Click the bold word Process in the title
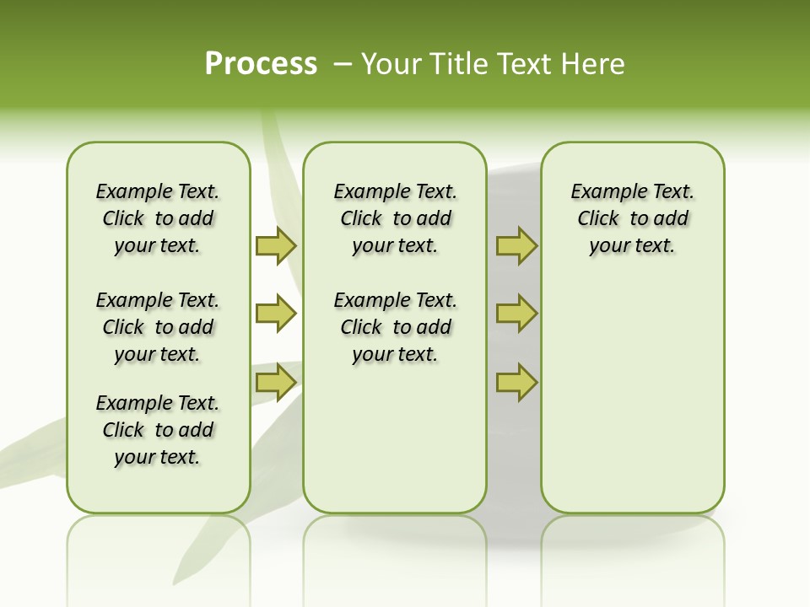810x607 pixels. [261, 64]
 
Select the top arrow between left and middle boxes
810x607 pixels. [276, 246]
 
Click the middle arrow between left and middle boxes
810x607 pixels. [276, 314]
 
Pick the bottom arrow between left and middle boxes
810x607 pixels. [276, 383]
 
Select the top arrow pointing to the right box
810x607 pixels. [516, 246]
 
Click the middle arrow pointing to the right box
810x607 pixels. [516, 314]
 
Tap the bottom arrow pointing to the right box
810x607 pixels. [516, 383]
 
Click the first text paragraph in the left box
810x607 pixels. [158, 218]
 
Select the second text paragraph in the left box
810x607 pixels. [158, 327]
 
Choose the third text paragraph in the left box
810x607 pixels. [158, 430]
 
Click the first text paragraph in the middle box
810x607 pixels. [395, 218]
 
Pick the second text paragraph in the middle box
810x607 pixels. [395, 327]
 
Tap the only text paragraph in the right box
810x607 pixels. [632, 218]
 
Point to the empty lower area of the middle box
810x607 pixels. [395, 438]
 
